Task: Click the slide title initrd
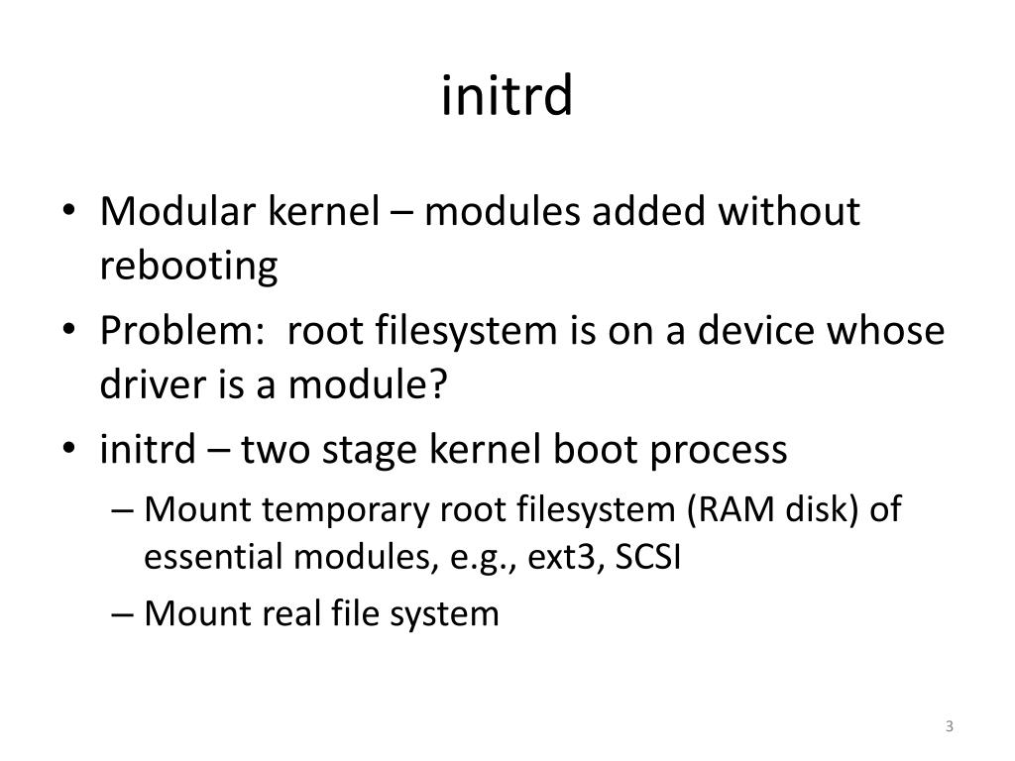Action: [x=507, y=96]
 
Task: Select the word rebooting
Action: [x=188, y=267]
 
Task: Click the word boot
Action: [x=598, y=450]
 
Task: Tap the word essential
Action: [x=212, y=558]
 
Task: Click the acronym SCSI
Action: [x=647, y=558]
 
